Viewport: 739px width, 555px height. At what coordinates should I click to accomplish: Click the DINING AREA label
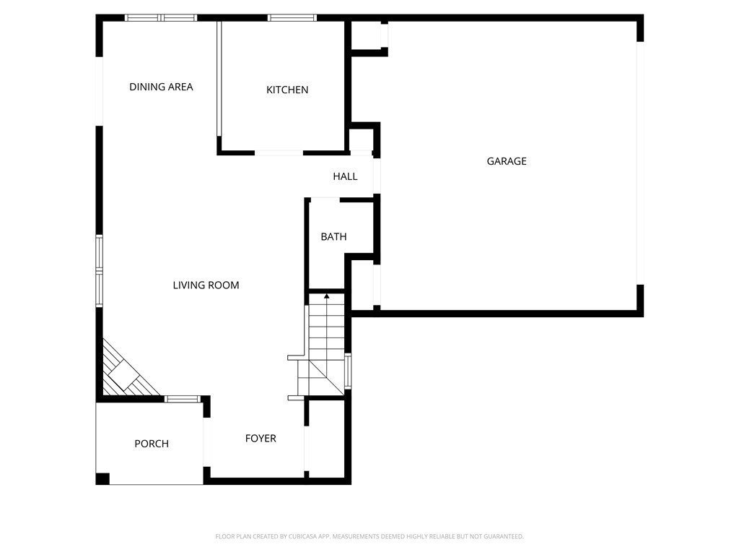pyautogui.click(x=161, y=87)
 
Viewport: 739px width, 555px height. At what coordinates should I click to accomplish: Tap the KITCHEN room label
pyautogui.click(x=287, y=90)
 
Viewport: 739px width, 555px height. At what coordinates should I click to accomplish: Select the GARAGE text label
pyautogui.click(x=507, y=161)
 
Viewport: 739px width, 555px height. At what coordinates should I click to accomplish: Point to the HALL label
pyautogui.click(x=345, y=176)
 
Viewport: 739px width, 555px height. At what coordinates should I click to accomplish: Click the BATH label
pyautogui.click(x=333, y=237)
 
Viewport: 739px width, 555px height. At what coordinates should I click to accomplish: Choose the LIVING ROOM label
pyautogui.click(x=206, y=285)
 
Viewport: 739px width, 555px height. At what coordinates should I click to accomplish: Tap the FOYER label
pyautogui.click(x=261, y=439)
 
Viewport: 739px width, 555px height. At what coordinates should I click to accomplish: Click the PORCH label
pyautogui.click(x=152, y=444)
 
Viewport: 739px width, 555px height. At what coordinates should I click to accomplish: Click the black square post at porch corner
pyautogui.click(x=102, y=478)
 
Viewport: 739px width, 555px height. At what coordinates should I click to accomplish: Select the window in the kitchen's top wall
pyautogui.click(x=292, y=18)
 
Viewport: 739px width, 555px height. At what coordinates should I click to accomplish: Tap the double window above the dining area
pyautogui.click(x=161, y=18)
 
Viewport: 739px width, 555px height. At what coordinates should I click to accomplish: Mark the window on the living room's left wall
pyautogui.click(x=99, y=272)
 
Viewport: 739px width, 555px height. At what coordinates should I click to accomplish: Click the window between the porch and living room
pyautogui.click(x=183, y=399)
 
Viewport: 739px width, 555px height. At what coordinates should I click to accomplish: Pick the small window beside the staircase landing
pyautogui.click(x=348, y=371)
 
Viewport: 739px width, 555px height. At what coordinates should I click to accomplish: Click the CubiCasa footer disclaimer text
pyautogui.click(x=369, y=537)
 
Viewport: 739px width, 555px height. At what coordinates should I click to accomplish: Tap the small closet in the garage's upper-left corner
pyautogui.click(x=367, y=35)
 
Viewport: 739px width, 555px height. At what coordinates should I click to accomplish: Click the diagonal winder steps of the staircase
pyautogui.click(x=320, y=376)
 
